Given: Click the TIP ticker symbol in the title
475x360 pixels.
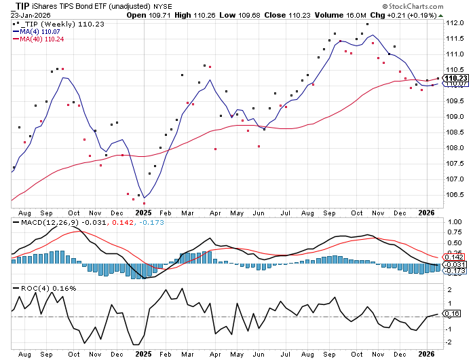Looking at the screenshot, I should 23,5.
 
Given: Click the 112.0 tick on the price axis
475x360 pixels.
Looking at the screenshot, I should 455,23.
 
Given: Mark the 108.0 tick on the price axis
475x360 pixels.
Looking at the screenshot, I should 455,148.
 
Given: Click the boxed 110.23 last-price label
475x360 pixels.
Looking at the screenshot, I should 454,79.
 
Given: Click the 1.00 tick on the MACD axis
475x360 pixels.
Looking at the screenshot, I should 455,221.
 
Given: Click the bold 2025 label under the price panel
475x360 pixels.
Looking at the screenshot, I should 143,212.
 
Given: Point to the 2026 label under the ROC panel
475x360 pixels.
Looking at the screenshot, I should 425,354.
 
